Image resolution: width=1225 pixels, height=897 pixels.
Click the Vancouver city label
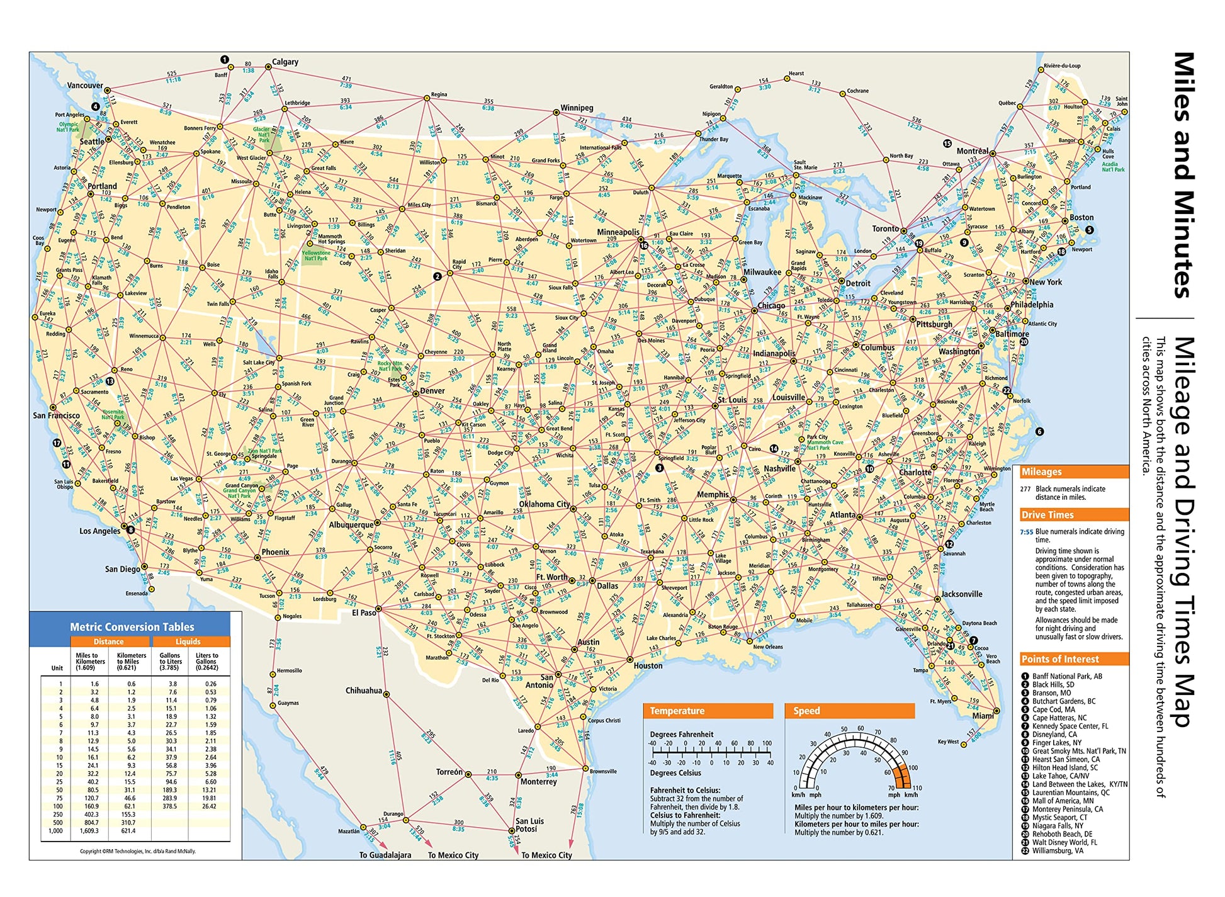click(85, 86)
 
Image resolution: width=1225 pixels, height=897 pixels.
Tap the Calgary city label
click(285, 62)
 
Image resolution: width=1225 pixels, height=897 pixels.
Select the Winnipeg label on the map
click(577, 108)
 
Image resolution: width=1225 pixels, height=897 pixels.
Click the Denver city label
click(432, 391)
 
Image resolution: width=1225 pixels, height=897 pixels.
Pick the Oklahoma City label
click(544, 504)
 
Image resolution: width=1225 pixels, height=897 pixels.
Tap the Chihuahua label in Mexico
click(363, 691)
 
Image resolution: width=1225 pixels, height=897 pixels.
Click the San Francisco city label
click(56, 415)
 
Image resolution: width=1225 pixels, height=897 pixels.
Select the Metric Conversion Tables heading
click(132, 627)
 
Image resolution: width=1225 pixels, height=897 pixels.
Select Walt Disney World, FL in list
click(1064, 842)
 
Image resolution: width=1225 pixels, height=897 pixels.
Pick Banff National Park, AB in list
click(1066, 676)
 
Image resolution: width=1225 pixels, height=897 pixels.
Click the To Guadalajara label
click(385, 855)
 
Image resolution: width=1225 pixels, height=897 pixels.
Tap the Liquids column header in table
click(188, 641)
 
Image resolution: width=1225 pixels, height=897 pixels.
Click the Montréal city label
click(973, 151)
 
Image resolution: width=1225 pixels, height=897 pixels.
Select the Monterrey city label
click(538, 782)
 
